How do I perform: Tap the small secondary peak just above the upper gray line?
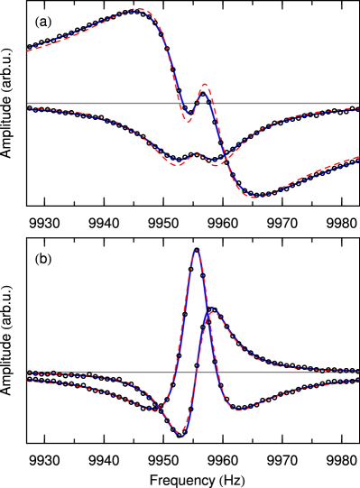(204, 85)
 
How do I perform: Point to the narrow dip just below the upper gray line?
(188, 120)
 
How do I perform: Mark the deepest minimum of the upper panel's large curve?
(256, 196)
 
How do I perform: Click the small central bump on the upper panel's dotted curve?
(198, 154)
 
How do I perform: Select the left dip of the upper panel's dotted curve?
(177, 164)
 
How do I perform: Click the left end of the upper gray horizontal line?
(28, 103)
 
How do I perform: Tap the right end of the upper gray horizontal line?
(358, 103)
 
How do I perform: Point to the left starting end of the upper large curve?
(28, 50)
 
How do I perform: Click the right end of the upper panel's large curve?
(358, 160)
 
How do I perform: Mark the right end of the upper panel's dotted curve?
(358, 109)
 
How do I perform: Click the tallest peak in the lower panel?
(196, 250)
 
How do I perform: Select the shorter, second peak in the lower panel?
(211, 309)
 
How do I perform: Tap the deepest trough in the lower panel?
(182, 436)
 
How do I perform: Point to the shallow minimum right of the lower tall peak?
(239, 410)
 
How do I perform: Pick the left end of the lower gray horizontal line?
(28, 372)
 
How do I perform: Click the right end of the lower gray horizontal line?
(358, 372)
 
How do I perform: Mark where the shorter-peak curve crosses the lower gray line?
(200, 372)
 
